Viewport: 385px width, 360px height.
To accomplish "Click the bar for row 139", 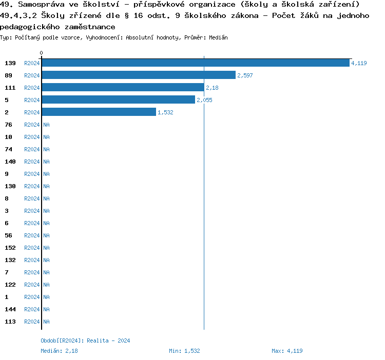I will pyautogui.click(x=195, y=63).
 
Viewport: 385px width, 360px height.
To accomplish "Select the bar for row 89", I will pyautogui.click(x=139, y=75).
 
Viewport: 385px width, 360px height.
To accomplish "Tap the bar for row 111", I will pyautogui.click(x=123, y=88).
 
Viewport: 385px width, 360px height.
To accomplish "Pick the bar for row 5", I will pyautogui.click(x=118, y=100).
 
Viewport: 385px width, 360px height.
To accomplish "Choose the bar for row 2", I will pyautogui.click(x=99, y=112).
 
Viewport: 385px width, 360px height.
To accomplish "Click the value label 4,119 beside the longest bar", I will pyautogui.click(x=358, y=63).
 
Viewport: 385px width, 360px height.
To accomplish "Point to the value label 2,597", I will pyautogui.click(x=245, y=75).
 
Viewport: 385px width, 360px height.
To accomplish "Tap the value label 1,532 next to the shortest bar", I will pyautogui.click(x=165, y=112).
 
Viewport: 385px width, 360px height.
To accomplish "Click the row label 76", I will pyautogui.click(x=9, y=125).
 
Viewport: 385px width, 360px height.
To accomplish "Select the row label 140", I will pyautogui.click(x=10, y=162).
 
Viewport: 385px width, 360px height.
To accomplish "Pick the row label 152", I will pyautogui.click(x=10, y=248).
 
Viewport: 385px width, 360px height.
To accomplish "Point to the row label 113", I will pyautogui.click(x=10, y=322).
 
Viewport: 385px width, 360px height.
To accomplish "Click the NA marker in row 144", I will pyautogui.click(x=46, y=309).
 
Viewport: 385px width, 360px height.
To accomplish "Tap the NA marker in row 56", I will pyautogui.click(x=46, y=235).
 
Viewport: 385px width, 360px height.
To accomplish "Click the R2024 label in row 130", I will pyautogui.click(x=32, y=186).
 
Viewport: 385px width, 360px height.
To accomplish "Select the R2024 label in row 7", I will pyautogui.click(x=32, y=272).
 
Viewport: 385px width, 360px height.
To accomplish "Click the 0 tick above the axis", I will pyautogui.click(x=42, y=53).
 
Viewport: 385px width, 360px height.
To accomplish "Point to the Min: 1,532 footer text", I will pyautogui.click(x=184, y=351).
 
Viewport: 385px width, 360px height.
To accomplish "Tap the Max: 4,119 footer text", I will pyautogui.click(x=287, y=351).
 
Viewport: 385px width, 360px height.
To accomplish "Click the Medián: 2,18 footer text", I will pyautogui.click(x=59, y=351).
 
